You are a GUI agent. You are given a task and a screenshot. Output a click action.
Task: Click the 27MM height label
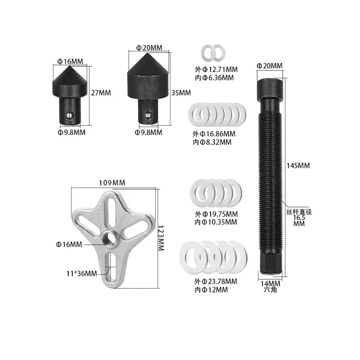[x=101, y=93]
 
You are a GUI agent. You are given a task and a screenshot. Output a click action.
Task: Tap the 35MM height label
[x=181, y=93]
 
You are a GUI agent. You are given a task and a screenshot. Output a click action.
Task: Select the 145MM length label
[x=298, y=166]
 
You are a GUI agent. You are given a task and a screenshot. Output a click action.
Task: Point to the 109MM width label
[x=112, y=183]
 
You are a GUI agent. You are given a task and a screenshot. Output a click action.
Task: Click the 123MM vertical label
[x=161, y=238]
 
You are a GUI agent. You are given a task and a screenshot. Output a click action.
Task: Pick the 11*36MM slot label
[x=82, y=274]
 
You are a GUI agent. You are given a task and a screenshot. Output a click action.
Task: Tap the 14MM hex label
[x=270, y=284]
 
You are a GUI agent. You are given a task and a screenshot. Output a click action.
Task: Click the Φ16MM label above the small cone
[x=70, y=62]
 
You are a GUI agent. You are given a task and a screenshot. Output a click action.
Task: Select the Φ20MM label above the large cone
[x=149, y=48]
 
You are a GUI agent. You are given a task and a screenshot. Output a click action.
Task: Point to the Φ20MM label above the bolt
[x=270, y=66]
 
